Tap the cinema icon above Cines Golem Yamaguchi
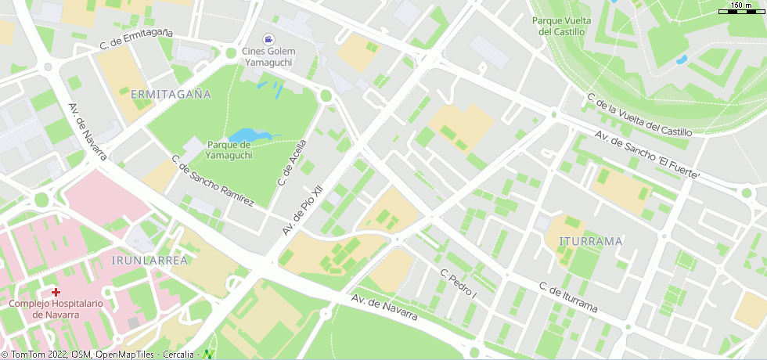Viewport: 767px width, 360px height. pos(269,38)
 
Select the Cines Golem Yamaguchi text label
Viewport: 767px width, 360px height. pos(268,56)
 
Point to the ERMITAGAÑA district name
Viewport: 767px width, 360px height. pos(171,94)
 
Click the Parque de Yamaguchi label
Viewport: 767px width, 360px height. pos(229,149)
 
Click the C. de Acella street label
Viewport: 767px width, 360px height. pos(292,159)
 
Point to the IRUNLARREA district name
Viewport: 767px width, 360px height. pos(150,260)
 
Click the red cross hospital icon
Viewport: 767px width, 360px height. pos(56,292)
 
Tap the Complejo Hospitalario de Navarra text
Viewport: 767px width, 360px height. pos(56,308)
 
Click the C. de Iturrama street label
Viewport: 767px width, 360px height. pos(568,297)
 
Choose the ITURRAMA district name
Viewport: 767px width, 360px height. pos(592,241)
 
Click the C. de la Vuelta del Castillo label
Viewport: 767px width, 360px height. pos(639,114)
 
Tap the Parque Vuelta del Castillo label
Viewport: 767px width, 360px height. pos(561,26)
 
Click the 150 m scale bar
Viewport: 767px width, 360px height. pos(742,9)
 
